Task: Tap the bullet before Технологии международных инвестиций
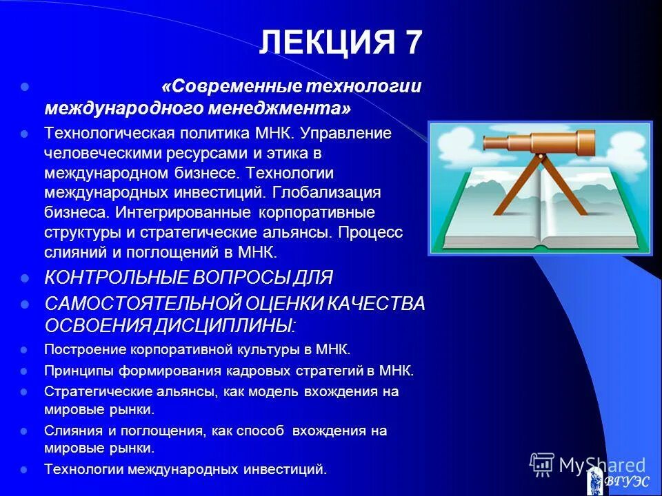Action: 25,470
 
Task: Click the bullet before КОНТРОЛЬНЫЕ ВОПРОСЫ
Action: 25,278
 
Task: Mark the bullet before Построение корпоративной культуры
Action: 25,350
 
